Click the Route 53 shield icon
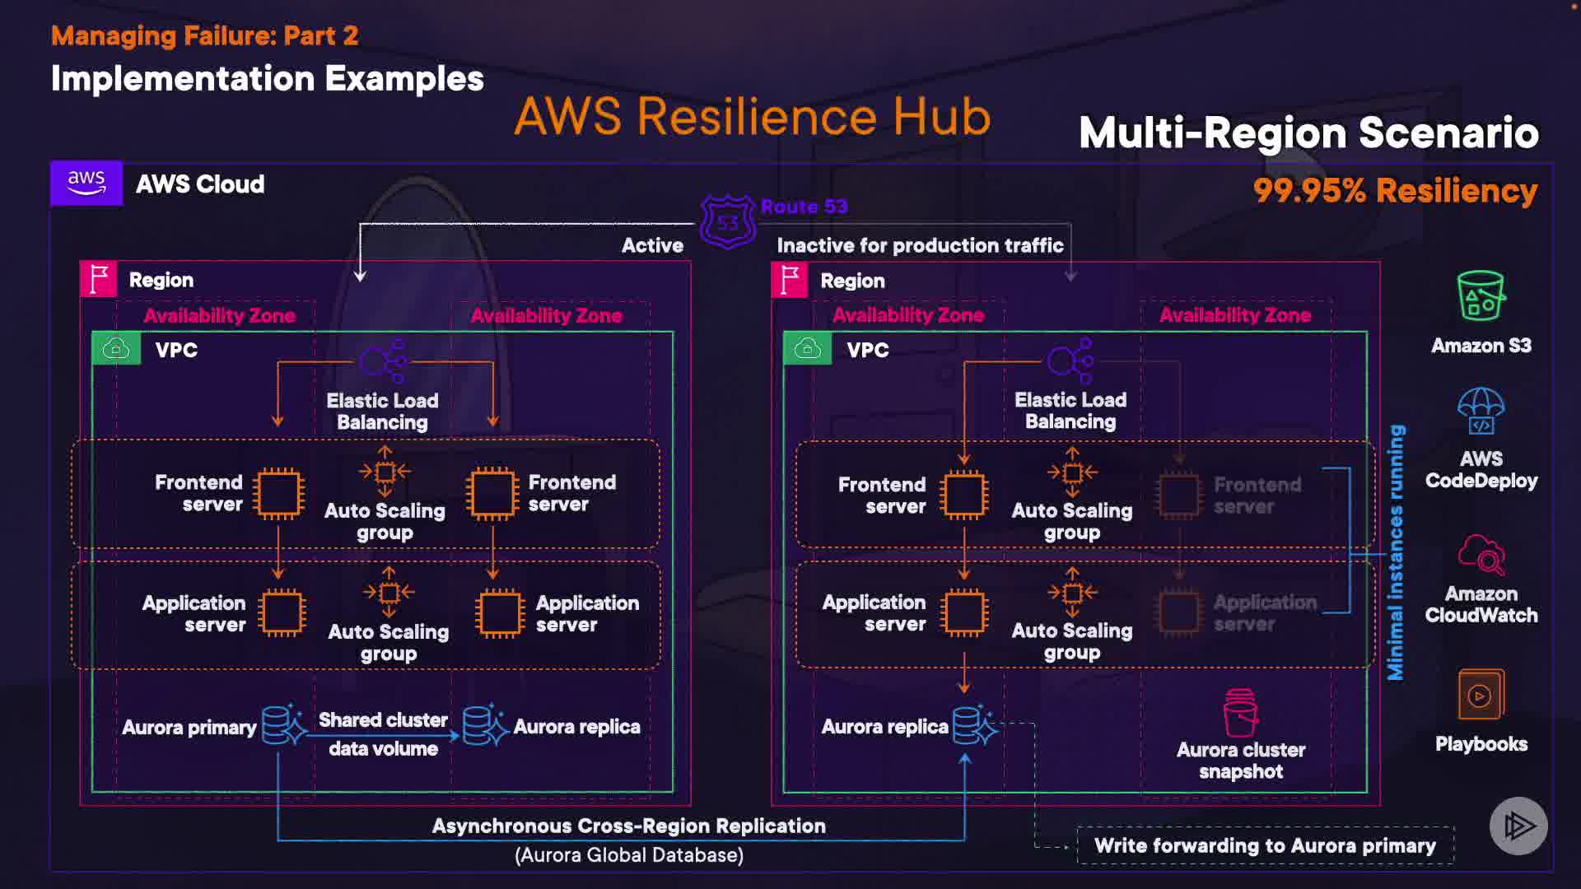pos(728,221)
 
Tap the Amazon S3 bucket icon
pos(1481,296)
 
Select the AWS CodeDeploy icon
pos(1481,412)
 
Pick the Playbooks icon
pos(1481,695)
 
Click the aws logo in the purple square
pos(86,183)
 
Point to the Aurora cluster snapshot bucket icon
pos(1241,713)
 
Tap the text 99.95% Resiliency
pos(1395,191)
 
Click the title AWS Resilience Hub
pos(752,116)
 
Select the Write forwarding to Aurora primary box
pos(1265,845)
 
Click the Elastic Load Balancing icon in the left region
pos(384,361)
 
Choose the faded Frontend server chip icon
pos(1178,495)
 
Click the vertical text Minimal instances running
pos(1396,552)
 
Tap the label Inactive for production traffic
pos(920,245)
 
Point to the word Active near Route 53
pos(652,245)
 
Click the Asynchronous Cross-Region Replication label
pos(628,826)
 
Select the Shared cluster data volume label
pos(383,734)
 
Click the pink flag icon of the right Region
pos(790,280)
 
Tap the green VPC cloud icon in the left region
pos(116,349)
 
